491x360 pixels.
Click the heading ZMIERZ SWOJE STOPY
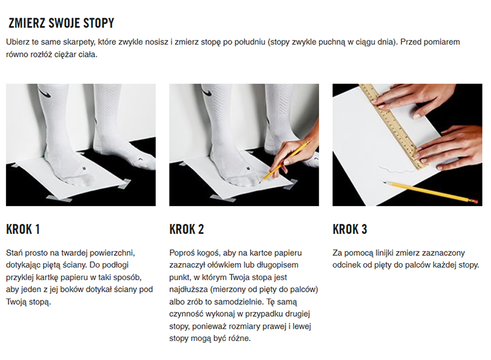(x=62, y=23)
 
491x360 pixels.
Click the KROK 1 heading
(x=23, y=229)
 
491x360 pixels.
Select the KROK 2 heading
(x=187, y=229)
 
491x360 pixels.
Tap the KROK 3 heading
(x=350, y=229)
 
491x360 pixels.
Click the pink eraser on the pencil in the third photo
(x=475, y=200)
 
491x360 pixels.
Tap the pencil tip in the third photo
(x=384, y=182)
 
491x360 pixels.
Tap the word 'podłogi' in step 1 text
(x=116, y=265)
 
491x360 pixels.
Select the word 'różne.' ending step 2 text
(x=240, y=338)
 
